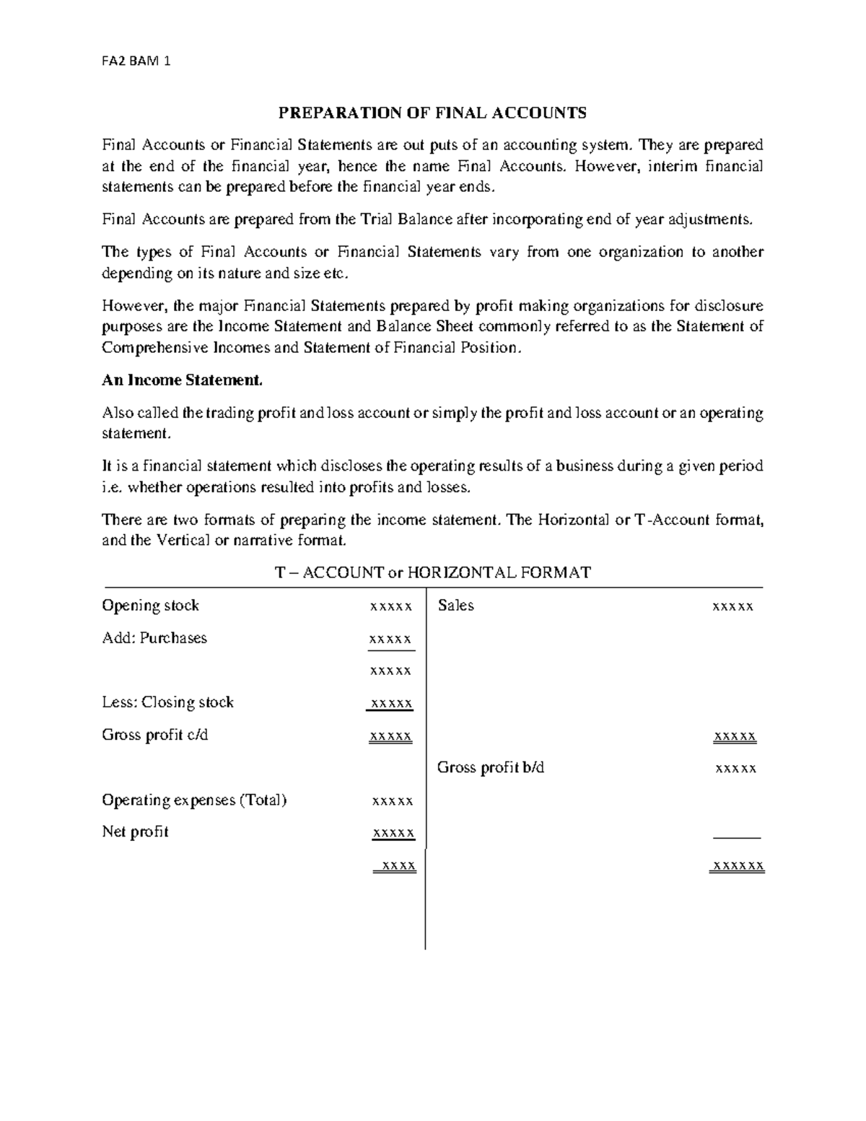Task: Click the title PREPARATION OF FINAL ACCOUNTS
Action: click(432, 113)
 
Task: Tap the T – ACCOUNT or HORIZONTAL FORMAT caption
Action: click(432, 573)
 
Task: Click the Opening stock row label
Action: click(150, 606)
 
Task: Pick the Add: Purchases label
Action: click(154, 638)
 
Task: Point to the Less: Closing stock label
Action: click(167, 702)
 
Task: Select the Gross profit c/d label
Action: click(155, 735)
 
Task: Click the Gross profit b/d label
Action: click(491, 767)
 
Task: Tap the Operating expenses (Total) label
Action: click(194, 800)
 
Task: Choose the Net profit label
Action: click(135, 832)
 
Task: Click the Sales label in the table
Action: click(455, 606)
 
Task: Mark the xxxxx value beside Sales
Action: click(732, 607)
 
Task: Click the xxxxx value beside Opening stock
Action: click(390, 607)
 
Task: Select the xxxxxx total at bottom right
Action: click(738, 865)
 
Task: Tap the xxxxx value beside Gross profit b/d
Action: click(735, 769)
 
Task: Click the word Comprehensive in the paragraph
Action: click(155, 348)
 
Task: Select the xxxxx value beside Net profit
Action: click(393, 833)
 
